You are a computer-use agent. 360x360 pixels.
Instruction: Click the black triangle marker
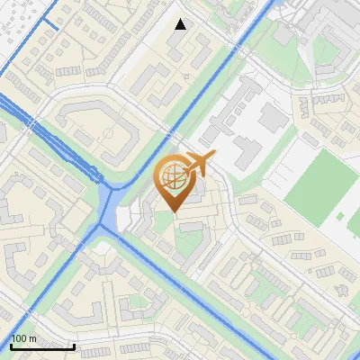(x=181, y=24)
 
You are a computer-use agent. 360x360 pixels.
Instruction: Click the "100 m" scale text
(x=23, y=338)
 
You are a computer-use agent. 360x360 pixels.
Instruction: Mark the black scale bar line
(x=42, y=346)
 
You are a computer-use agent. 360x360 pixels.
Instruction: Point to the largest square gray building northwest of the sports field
(x=273, y=115)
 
